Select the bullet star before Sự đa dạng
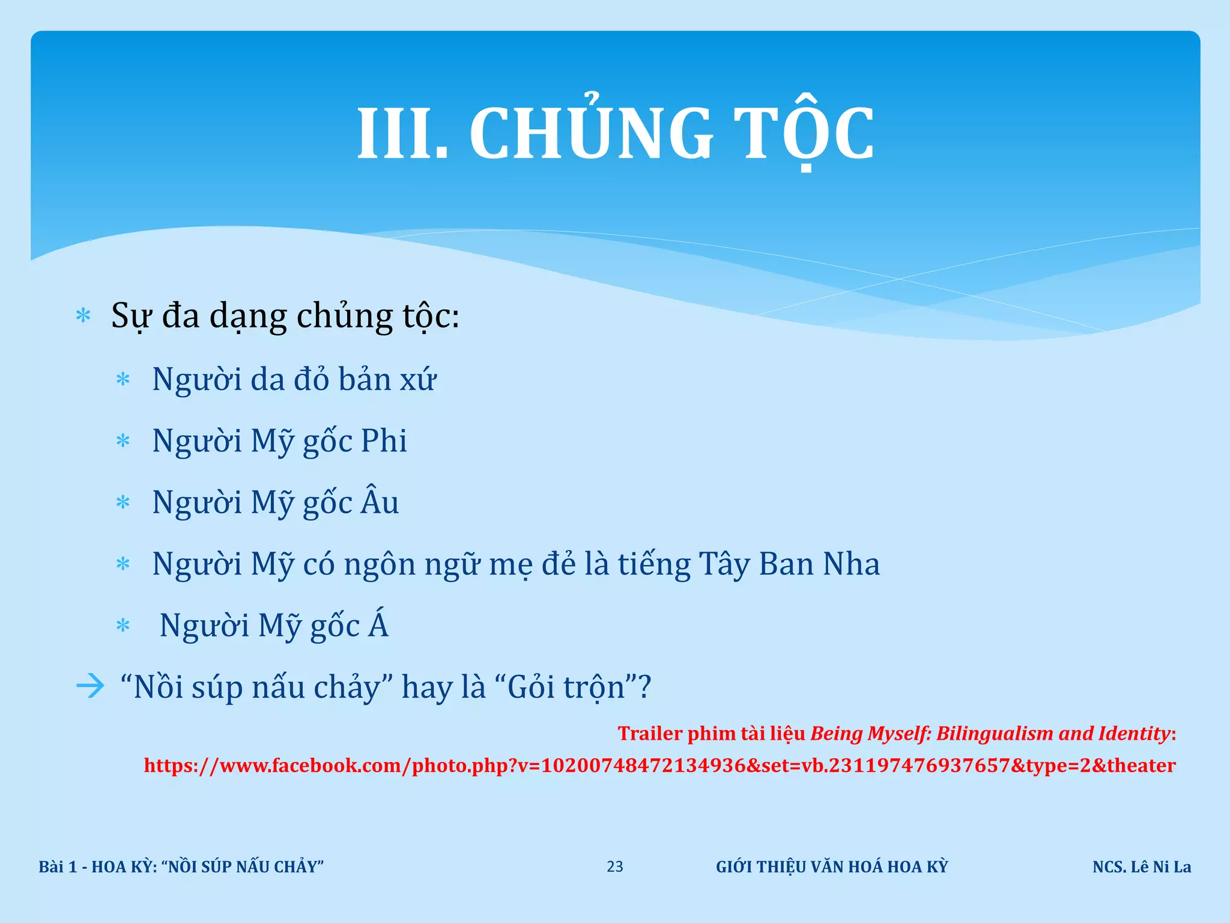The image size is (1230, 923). pos(83,316)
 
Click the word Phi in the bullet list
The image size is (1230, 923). pos(384,440)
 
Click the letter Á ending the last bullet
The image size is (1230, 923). pos(378,625)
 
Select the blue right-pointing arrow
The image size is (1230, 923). pos(90,686)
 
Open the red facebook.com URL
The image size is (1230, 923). pos(659,765)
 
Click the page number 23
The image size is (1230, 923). pos(614,867)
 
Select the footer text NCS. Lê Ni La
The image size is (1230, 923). pos(1141,867)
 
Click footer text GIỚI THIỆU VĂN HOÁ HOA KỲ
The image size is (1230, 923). pos(831,867)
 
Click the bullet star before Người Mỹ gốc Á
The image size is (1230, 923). pos(123,626)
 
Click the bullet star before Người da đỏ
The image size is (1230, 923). pos(123,380)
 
